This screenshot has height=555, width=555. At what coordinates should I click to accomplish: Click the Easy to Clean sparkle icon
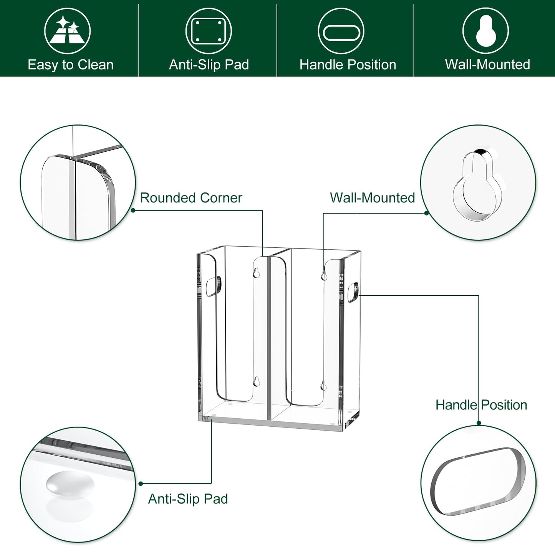67,31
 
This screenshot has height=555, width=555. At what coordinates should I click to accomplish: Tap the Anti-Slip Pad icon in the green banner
209,31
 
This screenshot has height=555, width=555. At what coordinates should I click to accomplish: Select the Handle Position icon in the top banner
341,31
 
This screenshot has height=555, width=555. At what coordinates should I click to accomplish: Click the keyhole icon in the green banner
485,31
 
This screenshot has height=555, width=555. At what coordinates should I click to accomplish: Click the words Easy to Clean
71,65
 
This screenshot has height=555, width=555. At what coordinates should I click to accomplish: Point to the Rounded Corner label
191,198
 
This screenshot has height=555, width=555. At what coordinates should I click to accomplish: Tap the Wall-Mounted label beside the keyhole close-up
372,198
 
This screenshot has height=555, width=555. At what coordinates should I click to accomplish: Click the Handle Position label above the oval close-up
481,405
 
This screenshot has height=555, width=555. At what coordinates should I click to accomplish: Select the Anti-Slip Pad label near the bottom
188,499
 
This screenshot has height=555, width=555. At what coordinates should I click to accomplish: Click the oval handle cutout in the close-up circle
478,482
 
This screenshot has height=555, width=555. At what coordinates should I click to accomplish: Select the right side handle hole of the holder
353,292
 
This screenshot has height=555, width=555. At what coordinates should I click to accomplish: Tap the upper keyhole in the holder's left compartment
256,273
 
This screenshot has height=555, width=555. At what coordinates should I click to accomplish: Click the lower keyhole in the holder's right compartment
323,385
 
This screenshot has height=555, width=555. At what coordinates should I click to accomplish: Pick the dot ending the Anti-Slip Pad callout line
141,484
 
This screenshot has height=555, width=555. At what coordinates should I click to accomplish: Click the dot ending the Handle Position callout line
479,423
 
